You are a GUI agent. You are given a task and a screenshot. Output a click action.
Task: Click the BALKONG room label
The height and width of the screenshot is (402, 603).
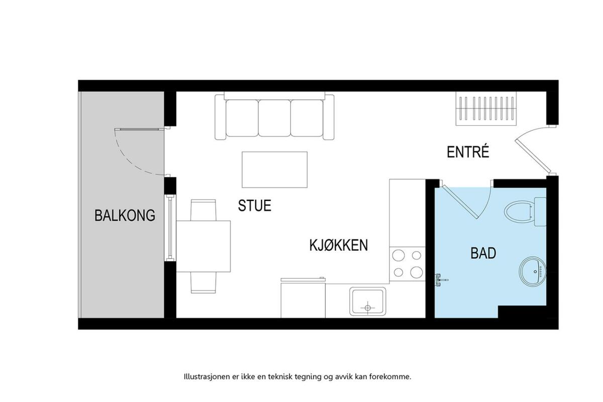[125, 216]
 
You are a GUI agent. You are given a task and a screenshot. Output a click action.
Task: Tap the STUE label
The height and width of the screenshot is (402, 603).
[254, 206]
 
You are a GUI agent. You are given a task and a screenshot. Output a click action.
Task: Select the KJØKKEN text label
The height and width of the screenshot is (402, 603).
[339, 245]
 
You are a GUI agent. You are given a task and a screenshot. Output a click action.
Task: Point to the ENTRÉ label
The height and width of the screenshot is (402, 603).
[468, 152]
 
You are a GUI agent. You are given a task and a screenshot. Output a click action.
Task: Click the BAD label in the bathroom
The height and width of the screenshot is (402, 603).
[483, 253]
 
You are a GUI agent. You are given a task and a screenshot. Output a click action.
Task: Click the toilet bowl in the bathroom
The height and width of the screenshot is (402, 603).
[518, 212]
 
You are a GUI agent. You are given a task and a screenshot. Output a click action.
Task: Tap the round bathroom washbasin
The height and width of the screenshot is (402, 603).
[533, 271]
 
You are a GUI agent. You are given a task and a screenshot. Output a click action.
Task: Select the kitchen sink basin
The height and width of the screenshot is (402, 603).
[367, 301]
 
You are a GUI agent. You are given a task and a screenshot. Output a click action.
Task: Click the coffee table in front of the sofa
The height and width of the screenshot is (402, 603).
[274, 170]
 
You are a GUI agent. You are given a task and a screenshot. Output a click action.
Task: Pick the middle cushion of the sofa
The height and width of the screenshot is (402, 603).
[274, 118]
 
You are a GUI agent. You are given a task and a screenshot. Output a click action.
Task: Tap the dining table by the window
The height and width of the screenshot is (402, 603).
[203, 246]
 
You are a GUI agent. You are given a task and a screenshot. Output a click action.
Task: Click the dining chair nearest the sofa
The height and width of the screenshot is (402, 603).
[203, 210]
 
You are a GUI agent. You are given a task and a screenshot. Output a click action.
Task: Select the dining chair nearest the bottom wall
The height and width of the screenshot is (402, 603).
[203, 282]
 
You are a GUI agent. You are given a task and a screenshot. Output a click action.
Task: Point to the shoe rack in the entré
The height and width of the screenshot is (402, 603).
[486, 109]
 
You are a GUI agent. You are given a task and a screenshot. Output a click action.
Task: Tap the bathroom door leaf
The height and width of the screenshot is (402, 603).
[460, 202]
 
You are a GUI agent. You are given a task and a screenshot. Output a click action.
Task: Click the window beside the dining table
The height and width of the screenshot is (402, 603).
[170, 228]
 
